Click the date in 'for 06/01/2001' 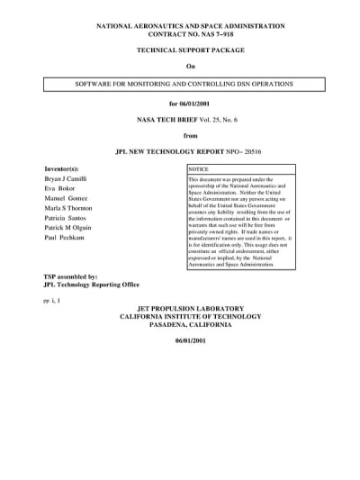(196, 104)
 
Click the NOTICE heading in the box (198, 168)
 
